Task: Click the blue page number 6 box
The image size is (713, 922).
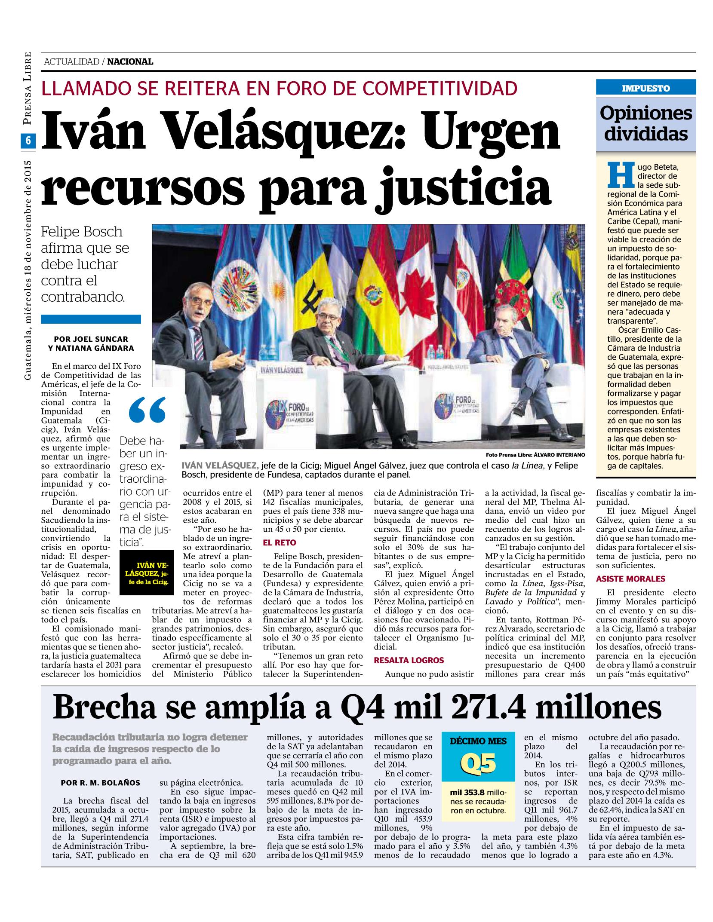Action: pos(28,141)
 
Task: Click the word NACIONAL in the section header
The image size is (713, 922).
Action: pos(130,62)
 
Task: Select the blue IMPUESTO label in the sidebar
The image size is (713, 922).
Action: pos(645,89)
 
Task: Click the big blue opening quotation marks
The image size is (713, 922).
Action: pos(147,410)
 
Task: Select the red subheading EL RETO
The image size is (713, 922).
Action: pos(280,542)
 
